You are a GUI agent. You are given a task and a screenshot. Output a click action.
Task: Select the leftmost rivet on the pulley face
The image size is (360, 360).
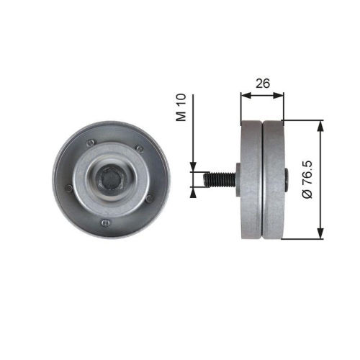[x=68, y=188]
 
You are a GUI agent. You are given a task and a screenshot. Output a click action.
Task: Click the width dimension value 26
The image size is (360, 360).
[x=263, y=84]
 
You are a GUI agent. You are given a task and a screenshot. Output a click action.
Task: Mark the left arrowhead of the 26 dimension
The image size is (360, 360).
[x=243, y=94]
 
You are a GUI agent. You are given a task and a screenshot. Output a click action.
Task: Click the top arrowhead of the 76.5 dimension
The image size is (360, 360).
[x=320, y=122]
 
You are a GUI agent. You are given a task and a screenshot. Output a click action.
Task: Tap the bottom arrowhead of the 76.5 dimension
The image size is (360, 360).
[x=320, y=235]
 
